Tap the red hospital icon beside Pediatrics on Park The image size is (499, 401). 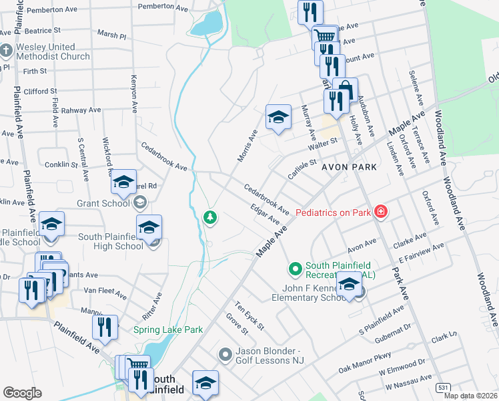point(380,212)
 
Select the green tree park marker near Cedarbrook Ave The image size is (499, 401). point(210,217)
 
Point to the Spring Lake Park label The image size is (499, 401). point(167,329)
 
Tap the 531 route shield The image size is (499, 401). point(442,386)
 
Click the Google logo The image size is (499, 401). point(22,393)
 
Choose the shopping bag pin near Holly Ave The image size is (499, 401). point(345,89)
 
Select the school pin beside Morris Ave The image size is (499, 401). point(278,117)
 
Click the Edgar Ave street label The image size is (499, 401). point(265,215)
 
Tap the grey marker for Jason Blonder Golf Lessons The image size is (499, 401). point(225,354)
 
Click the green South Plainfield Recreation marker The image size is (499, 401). point(295,269)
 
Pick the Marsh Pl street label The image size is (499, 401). point(111,35)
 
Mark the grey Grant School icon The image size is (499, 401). point(139,201)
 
